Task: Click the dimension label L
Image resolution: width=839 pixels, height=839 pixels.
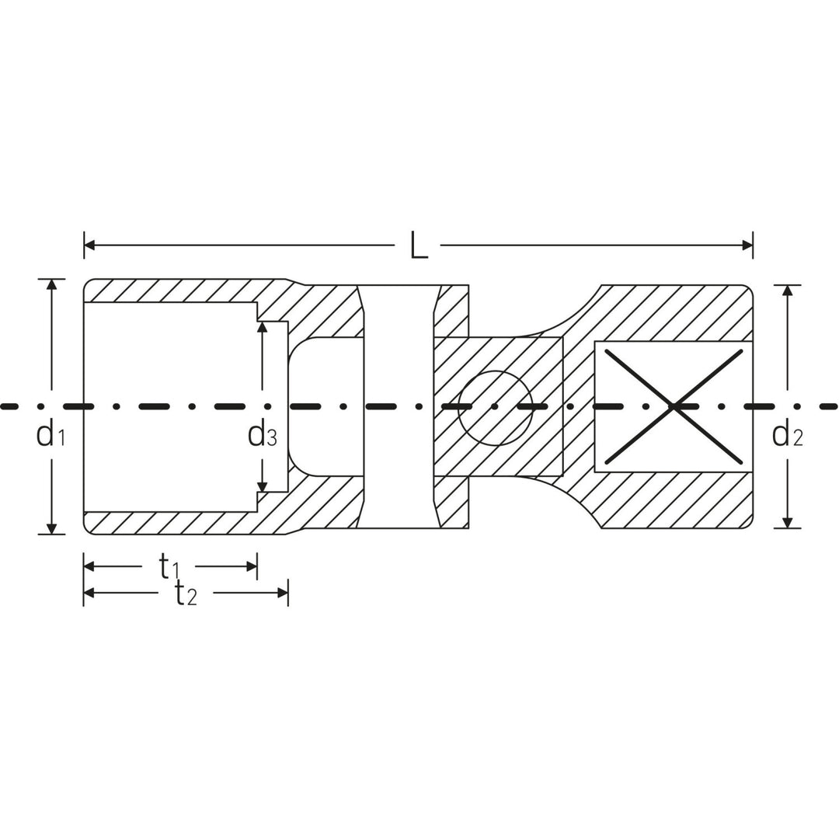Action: [419, 247]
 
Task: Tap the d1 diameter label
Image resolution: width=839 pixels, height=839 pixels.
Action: [50, 435]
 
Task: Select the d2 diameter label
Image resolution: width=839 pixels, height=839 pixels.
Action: [787, 435]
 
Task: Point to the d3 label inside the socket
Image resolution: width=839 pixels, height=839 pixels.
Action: [262, 435]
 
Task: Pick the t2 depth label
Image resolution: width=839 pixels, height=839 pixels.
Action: [186, 594]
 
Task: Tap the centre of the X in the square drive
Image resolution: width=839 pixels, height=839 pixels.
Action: [674, 406]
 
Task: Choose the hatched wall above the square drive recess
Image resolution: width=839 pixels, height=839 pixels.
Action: [676, 311]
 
